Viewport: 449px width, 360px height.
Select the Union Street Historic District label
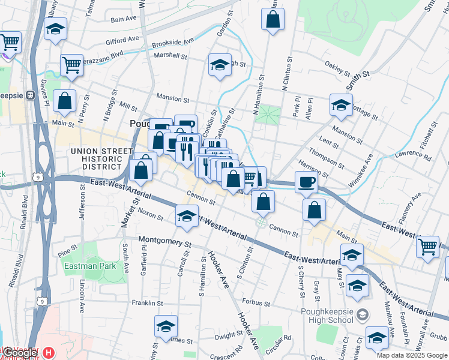pyautogui.click(x=101, y=158)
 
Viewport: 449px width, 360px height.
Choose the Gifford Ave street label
pyautogui.click(x=122, y=41)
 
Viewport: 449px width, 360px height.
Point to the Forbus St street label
pyautogui.click(x=256, y=302)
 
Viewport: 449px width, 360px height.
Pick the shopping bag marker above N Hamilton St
pyautogui.click(x=273, y=19)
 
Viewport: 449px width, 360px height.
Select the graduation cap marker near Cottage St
pyautogui.click(x=341, y=105)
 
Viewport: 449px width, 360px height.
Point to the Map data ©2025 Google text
pyautogui.click(x=412, y=355)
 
